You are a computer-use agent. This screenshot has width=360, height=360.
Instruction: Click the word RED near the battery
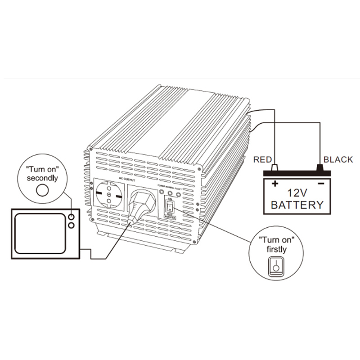(x=263, y=159)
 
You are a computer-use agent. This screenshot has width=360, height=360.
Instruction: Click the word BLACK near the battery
(x=338, y=159)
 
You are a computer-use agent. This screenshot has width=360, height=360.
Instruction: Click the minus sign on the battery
(x=320, y=184)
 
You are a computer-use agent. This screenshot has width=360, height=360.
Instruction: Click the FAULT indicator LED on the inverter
(x=178, y=192)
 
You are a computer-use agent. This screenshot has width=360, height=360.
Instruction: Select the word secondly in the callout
(x=42, y=178)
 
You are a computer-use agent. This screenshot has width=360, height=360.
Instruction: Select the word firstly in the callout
(x=275, y=249)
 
